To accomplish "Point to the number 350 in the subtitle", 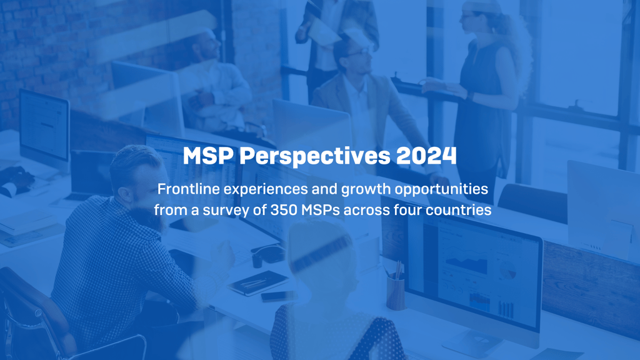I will click(x=284, y=210).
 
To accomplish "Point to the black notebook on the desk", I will click(x=259, y=283).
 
